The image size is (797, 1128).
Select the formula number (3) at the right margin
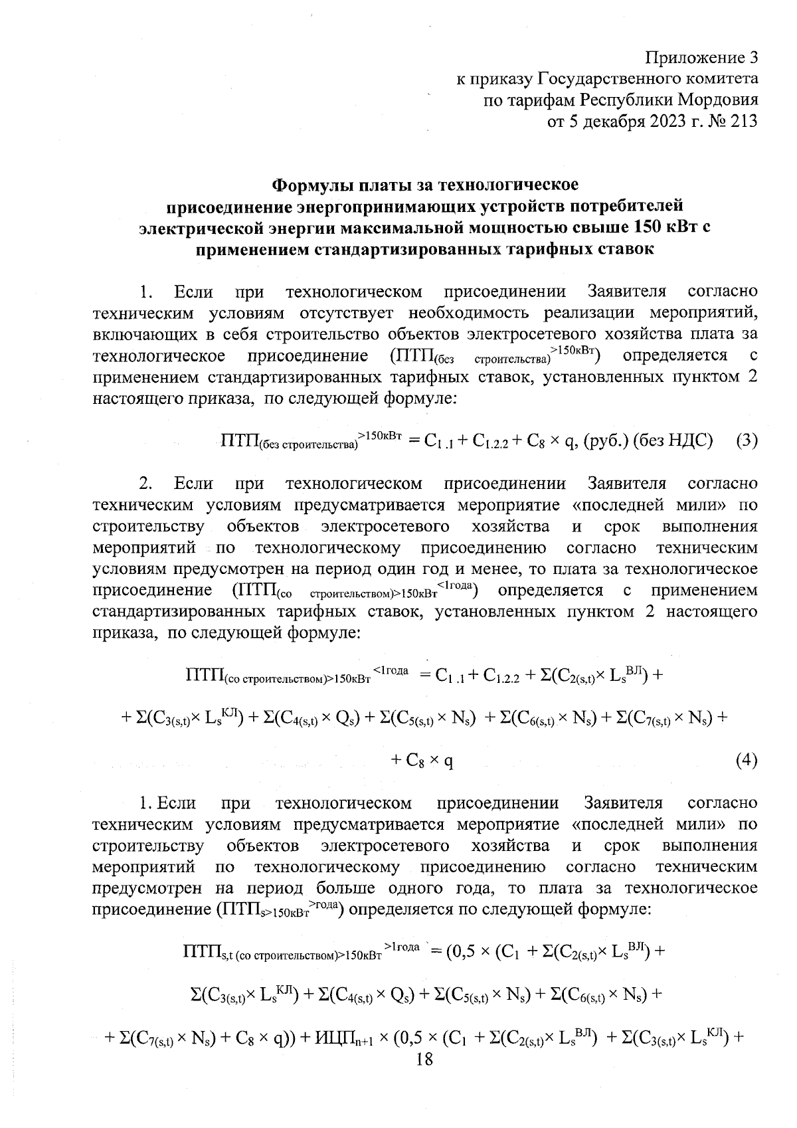click(747, 441)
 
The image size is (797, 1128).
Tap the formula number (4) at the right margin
click(747, 760)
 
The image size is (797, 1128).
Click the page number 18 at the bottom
click(424, 1059)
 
